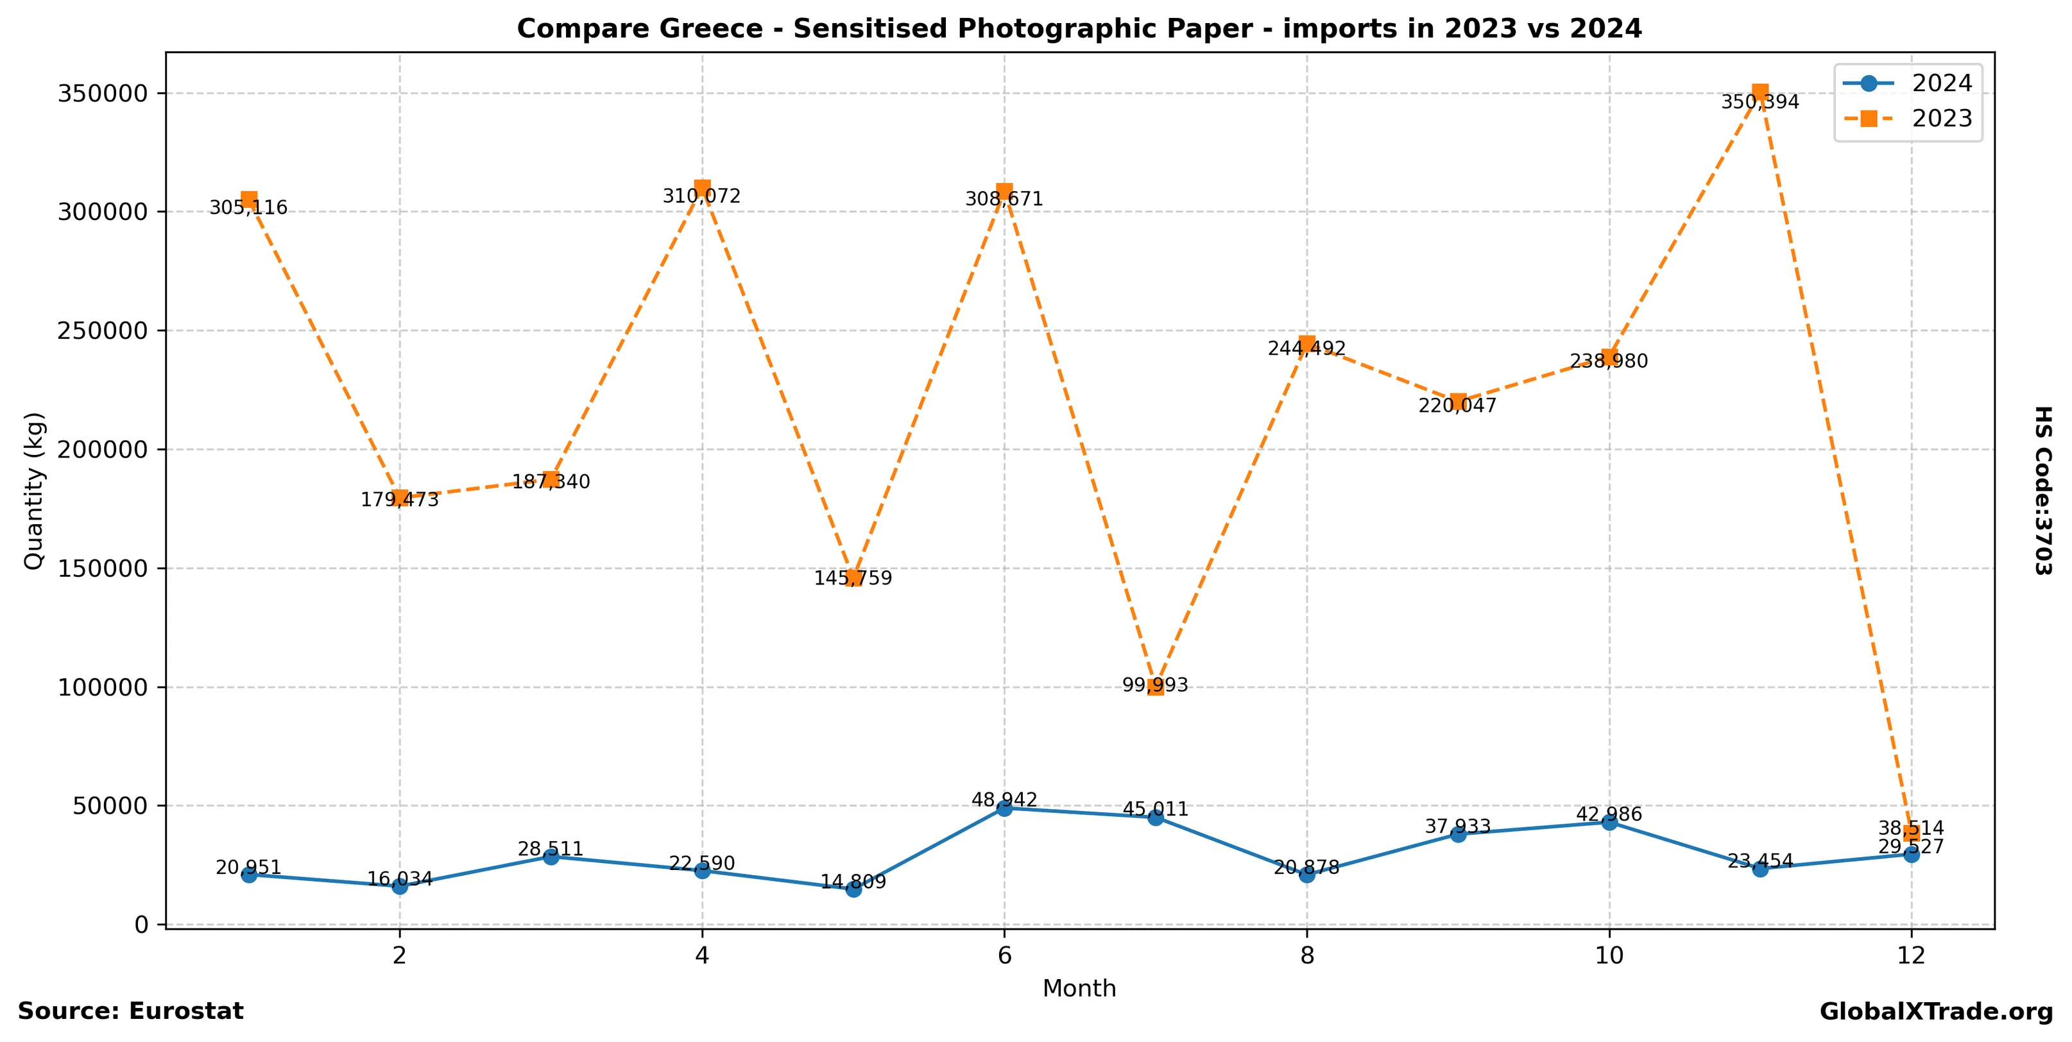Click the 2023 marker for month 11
pyautogui.click(x=1760, y=92)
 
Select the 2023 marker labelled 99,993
pyautogui.click(x=1156, y=687)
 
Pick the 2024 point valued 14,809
pyautogui.click(x=853, y=889)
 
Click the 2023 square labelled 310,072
pyautogui.click(x=702, y=188)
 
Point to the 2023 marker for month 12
pyautogui.click(x=1911, y=833)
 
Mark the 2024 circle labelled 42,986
pyautogui.click(x=1609, y=823)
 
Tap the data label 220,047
pyautogui.click(x=1457, y=406)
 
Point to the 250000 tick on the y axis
pyautogui.click(x=103, y=330)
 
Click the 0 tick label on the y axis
pyautogui.click(x=142, y=925)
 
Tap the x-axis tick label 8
pyautogui.click(x=1307, y=956)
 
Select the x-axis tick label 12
pyautogui.click(x=1911, y=956)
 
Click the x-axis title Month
pyautogui.click(x=1079, y=989)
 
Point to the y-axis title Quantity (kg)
pyautogui.click(x=34, y=490)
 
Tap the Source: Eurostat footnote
pyautogui.click(x=130, y=1011)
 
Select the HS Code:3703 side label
pyautogui.click(x=2043, y=490)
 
